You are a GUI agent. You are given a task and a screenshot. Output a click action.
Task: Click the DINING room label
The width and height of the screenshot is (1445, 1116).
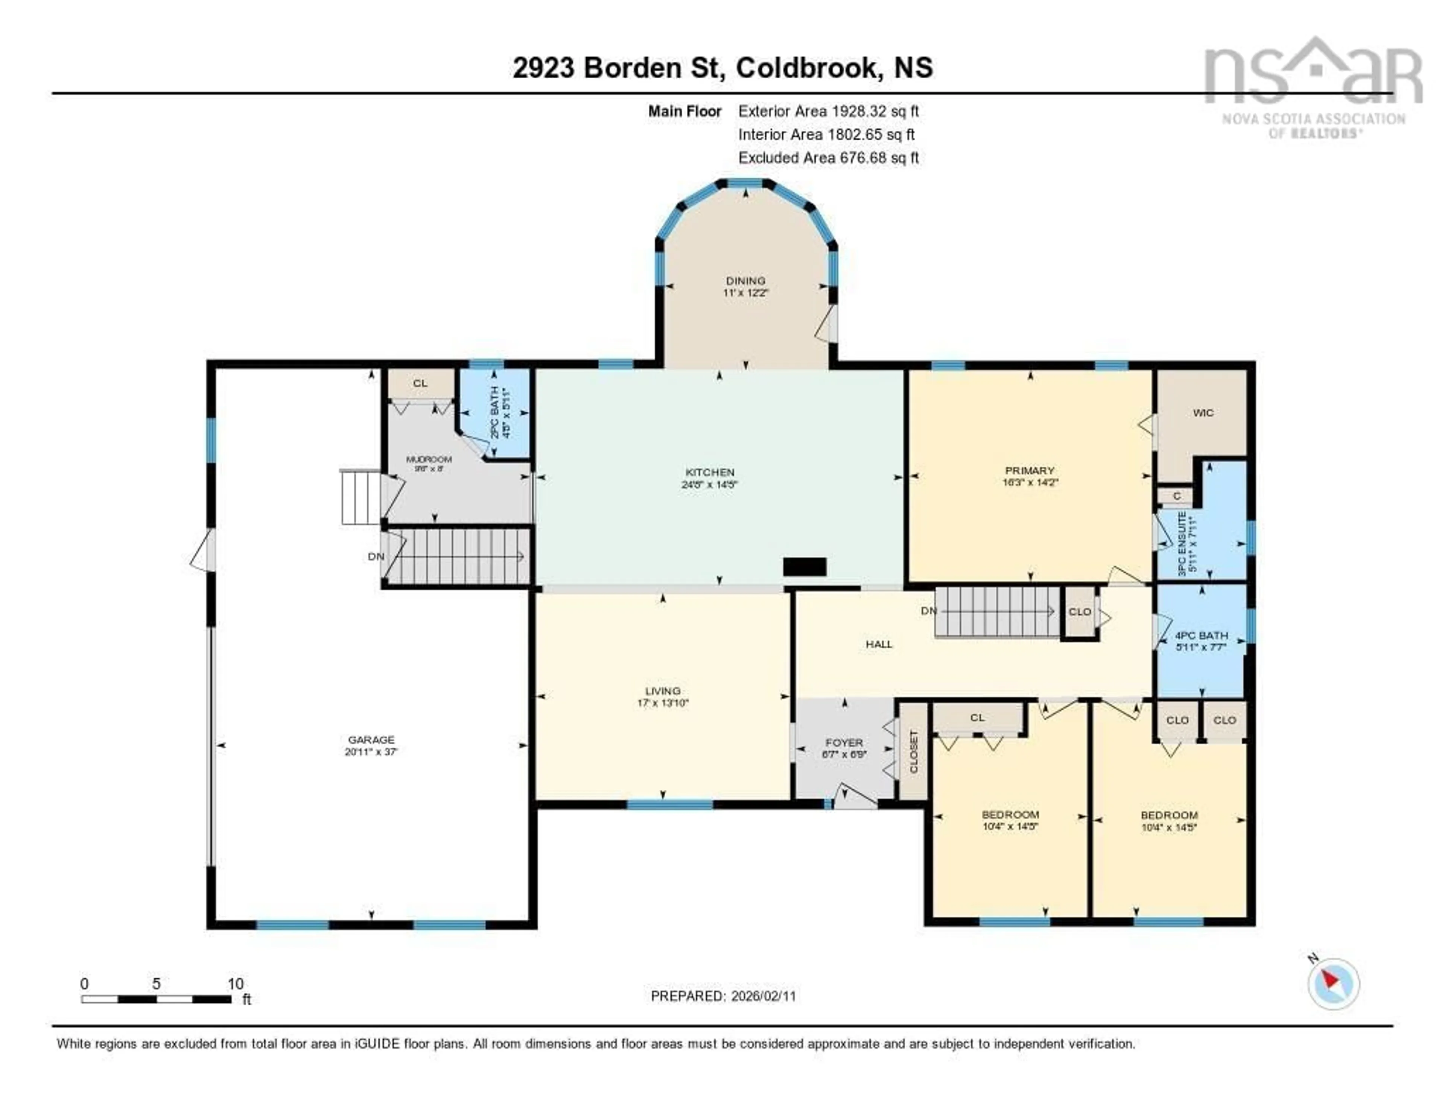tap(746, 280)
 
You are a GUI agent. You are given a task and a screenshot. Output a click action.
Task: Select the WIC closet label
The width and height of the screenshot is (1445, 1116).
tap(1203, 413)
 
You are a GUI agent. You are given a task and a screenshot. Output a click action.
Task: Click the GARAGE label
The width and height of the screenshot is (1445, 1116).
tap(371, 740)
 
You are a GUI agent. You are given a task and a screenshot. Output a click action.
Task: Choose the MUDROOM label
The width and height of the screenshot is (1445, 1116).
tap(429, 459)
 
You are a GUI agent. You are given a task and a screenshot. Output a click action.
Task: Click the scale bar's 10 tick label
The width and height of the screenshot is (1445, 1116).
tap(236, 984)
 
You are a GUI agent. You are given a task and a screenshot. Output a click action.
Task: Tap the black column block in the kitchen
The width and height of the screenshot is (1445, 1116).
tap(805, 567)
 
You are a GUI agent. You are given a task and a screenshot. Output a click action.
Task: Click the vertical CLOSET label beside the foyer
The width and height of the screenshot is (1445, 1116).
tap(914, 751)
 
